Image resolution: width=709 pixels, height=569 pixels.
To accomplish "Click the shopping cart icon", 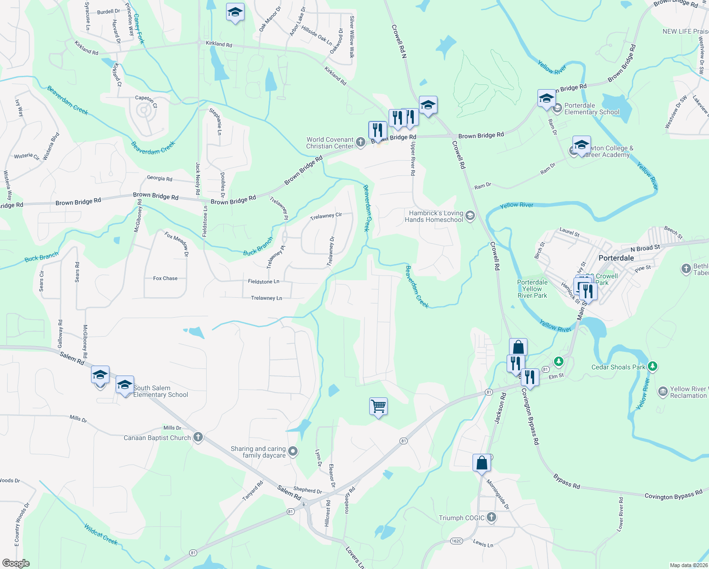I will (378, 406).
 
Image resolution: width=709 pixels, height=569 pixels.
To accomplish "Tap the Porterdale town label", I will (616, 258).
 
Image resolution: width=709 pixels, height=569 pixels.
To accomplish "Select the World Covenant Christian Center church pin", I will (361, 143).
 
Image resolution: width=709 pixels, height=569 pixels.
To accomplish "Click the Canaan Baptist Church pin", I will (198, 438).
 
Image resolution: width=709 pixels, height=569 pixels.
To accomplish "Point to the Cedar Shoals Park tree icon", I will (653, 367).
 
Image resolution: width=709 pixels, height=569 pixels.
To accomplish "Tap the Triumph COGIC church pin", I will (491, 517).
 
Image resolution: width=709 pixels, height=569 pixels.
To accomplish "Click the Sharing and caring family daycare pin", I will (293, 451).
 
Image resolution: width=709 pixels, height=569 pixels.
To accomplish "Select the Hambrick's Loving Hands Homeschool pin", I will (470, 216).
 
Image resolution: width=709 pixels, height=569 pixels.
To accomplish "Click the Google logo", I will (16, 563).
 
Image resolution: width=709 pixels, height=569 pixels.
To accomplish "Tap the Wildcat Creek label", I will (100, 534).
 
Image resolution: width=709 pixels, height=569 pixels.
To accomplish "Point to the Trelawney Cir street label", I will (326, 216).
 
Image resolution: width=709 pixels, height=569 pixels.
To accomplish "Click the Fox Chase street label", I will (165, 278).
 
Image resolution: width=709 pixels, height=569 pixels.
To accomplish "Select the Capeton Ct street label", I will (146, 101).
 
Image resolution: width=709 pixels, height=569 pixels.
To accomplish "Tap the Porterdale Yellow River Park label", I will (532, 289).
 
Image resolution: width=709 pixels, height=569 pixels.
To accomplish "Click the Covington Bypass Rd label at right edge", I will (673, 496).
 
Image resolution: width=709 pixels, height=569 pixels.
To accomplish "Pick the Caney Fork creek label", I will (138, 28).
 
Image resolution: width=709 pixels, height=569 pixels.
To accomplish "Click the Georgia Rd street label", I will (159, 179).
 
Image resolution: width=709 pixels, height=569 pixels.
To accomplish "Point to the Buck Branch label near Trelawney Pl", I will (258, 247).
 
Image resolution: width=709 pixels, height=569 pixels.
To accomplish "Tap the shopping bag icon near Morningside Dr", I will (482, 463).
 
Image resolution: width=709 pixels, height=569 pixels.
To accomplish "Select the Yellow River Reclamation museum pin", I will (663, 392).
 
